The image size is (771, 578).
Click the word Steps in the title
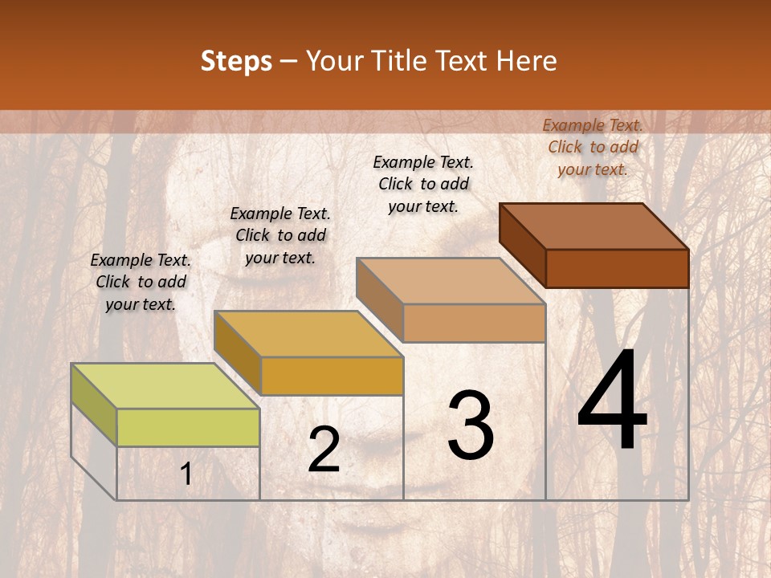[x=236, y=61]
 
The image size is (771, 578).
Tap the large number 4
[x=612, y=401]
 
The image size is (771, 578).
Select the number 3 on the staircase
[x=471, y=425]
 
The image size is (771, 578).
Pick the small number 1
[x=186, y=474]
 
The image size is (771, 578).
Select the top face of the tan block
[x=451, y=281]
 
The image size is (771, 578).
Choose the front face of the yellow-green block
[x=188, y=427]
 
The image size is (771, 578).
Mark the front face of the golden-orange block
[x=332, y=376]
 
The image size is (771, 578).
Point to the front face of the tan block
[x=474, y=324]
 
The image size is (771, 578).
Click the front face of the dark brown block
[x=617, y=268]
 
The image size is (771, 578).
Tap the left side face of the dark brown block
[x=522, y=244]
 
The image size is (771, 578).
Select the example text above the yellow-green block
[x=141, y=282]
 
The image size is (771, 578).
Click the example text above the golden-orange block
[x=280, y=235]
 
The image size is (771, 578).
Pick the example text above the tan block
[x=423, y=184]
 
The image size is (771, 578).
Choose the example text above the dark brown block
[x=593, y=147]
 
